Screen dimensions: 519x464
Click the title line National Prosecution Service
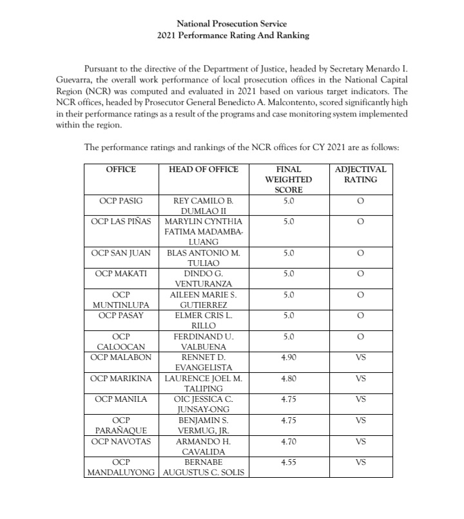click(x=233, y=24)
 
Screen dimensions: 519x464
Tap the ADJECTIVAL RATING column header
click(x=360, y=175)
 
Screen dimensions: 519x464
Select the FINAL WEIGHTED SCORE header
click(x=288, y=180)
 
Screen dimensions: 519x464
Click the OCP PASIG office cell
click(x=121, y=201)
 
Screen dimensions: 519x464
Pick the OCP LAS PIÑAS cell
click(x=121, y=222)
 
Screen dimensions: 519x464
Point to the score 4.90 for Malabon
click(x=288, y=357)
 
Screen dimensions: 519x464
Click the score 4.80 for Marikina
click(x=288, y=378)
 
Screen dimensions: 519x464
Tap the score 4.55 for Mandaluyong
click(x=288, y=462)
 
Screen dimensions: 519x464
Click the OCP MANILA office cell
click(x=121, y=399)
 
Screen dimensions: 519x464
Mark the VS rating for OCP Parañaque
click(x=360, y=420)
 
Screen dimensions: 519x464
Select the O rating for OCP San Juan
click(x=360, y=253)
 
